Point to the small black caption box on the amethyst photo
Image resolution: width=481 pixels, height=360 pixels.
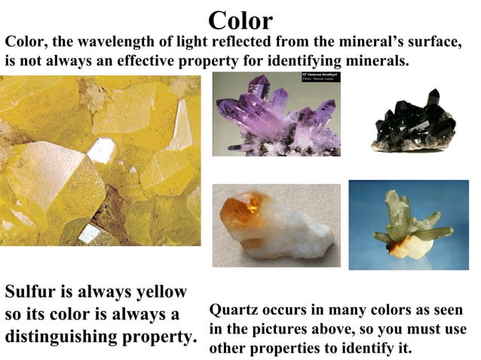click(321, 78)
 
